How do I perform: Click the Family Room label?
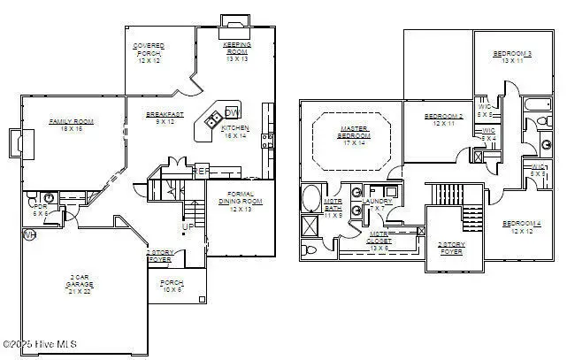tap(72, 125)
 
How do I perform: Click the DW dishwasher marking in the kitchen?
tap(231, 112)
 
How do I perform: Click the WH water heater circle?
tap(28, 235)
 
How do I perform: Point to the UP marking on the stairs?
tap(187, 227)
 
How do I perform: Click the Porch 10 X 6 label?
tap(172, 287)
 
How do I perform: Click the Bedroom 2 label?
tap(443, 120)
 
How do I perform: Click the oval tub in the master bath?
tap(311, 197)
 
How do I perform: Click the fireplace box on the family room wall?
tap(15, 142)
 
